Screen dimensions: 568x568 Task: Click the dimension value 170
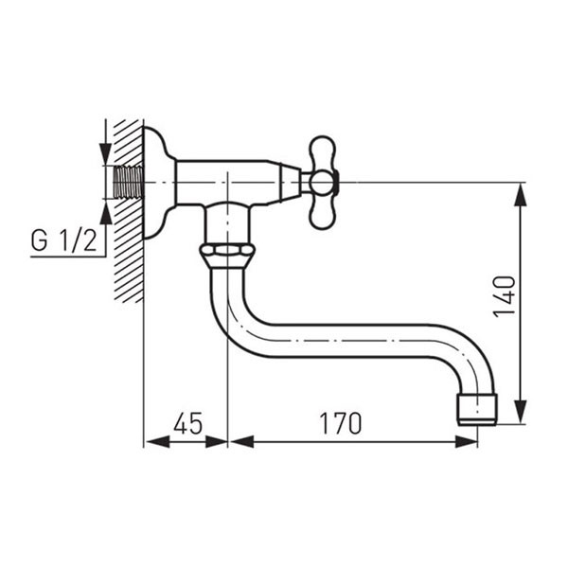click(341, 422)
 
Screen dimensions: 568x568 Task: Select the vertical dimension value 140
click(505, 295)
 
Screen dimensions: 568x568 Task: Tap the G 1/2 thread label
click(63, 240)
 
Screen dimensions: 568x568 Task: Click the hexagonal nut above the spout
click(227, 254)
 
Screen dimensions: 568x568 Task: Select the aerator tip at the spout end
click(476, 407)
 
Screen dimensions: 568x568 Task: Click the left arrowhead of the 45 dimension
click(152, 441)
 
